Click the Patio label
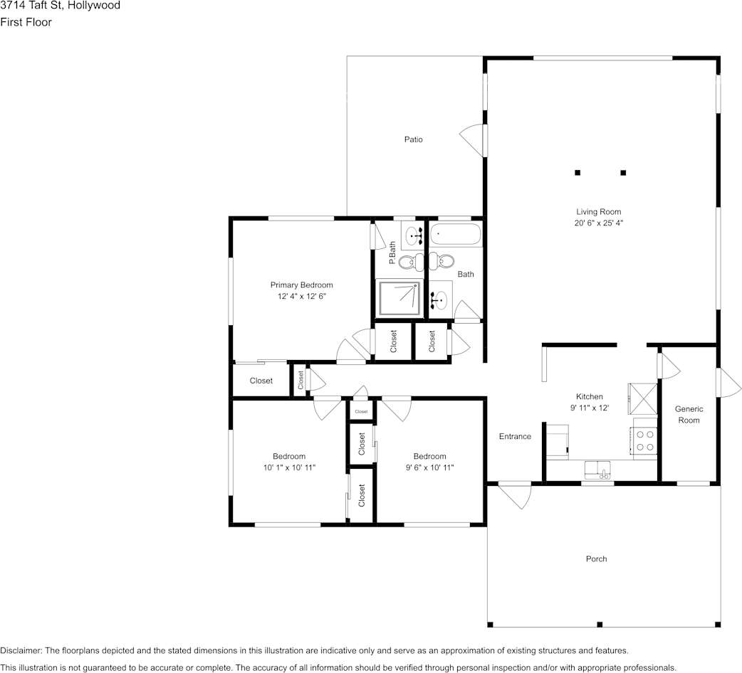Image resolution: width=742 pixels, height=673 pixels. click(x=413, y=139)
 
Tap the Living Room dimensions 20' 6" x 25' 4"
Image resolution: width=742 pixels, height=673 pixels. click(x=598, y=223)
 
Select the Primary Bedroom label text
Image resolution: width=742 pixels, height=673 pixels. click(x=301, y=285)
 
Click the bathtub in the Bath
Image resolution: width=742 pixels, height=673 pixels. click(x=455, y=234)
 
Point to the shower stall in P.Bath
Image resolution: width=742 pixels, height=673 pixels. click(x=398, y=298)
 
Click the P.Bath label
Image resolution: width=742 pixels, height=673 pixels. click(x=392, y=253)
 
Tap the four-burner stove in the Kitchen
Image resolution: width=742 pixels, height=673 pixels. click(x=645, y=440)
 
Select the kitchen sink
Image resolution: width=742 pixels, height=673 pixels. click(x=597, y=470)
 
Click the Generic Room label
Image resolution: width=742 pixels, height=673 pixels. click(x=689, y=414)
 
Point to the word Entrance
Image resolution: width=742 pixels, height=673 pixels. click(x=514, y=436)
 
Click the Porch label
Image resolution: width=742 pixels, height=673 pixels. click(x=596, y=558)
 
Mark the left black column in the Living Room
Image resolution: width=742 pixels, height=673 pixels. click(x=578, y=172)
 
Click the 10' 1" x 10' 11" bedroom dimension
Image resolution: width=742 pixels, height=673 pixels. click(x=288, y=467)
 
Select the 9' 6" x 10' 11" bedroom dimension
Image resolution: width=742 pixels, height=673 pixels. click(x=429, y=467)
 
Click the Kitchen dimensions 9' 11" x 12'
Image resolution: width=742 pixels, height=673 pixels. click(x=589, y=408)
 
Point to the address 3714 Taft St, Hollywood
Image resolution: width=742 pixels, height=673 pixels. click(x=60, y=6)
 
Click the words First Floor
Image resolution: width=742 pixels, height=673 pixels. click(x=26, y=22)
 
